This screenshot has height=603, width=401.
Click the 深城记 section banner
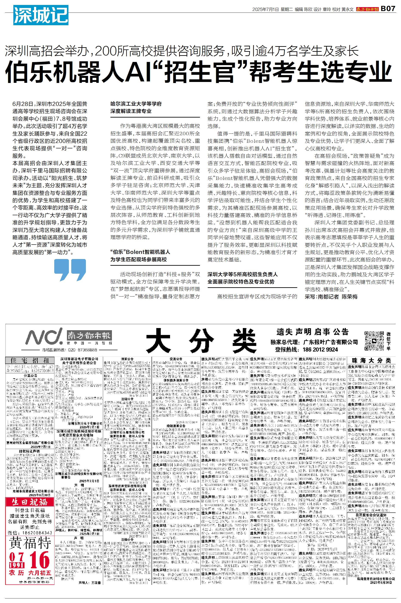pos(41,16)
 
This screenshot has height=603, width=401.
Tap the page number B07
pos(388,9)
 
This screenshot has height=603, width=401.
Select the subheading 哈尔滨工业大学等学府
pos(136,104)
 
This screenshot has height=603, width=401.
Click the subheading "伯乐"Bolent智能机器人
pos(140,252)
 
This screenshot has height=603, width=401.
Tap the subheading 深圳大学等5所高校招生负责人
pos(242,274)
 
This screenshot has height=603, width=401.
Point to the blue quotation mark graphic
pos(70,270)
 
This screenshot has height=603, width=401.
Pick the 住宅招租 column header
pos(29,360)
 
